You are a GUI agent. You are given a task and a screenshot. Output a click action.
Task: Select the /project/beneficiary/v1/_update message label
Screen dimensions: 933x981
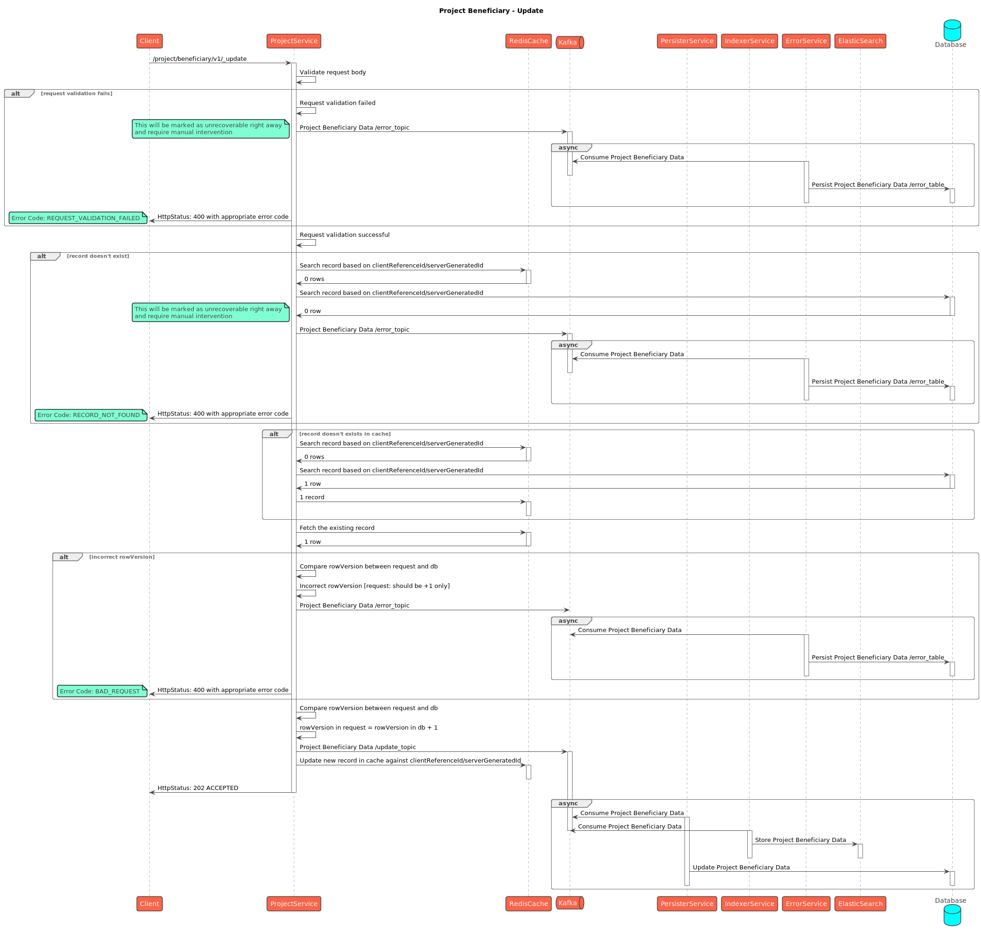tap(199, 59)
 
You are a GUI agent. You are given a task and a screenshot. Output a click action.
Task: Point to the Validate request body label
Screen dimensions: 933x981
tap(332, 72)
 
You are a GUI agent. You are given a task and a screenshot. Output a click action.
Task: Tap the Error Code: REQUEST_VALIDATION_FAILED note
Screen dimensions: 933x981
tap(78, 218)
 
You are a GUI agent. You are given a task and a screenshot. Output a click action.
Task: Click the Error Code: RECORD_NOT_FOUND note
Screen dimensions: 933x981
tap(91, 415)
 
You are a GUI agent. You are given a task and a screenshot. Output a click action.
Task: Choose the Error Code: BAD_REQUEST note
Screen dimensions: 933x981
tap(101, 692)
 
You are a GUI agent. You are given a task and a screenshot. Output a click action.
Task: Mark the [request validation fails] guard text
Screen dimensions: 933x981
tap(77, 94)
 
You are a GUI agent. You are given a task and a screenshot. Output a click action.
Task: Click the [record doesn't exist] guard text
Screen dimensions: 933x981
tap(98, 257)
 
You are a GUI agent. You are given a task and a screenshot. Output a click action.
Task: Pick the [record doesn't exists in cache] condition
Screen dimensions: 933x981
tap(344, 434)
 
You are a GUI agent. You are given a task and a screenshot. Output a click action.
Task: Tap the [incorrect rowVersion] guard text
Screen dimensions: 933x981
tap(122, 557)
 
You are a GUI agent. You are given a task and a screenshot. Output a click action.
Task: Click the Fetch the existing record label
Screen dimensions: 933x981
tap(337, 528)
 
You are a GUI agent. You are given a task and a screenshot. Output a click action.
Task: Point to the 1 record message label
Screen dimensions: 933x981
tap(311, 497)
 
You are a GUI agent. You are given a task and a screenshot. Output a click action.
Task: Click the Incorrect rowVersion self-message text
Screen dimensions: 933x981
tap(374, 587)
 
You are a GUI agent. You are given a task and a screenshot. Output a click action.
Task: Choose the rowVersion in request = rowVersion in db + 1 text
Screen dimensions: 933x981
tap(369, 728)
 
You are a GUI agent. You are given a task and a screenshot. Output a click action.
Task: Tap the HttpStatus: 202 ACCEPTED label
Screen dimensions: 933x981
tap(198, 788)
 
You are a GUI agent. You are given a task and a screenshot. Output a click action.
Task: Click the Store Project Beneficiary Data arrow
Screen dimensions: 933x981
tap(803, 844)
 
